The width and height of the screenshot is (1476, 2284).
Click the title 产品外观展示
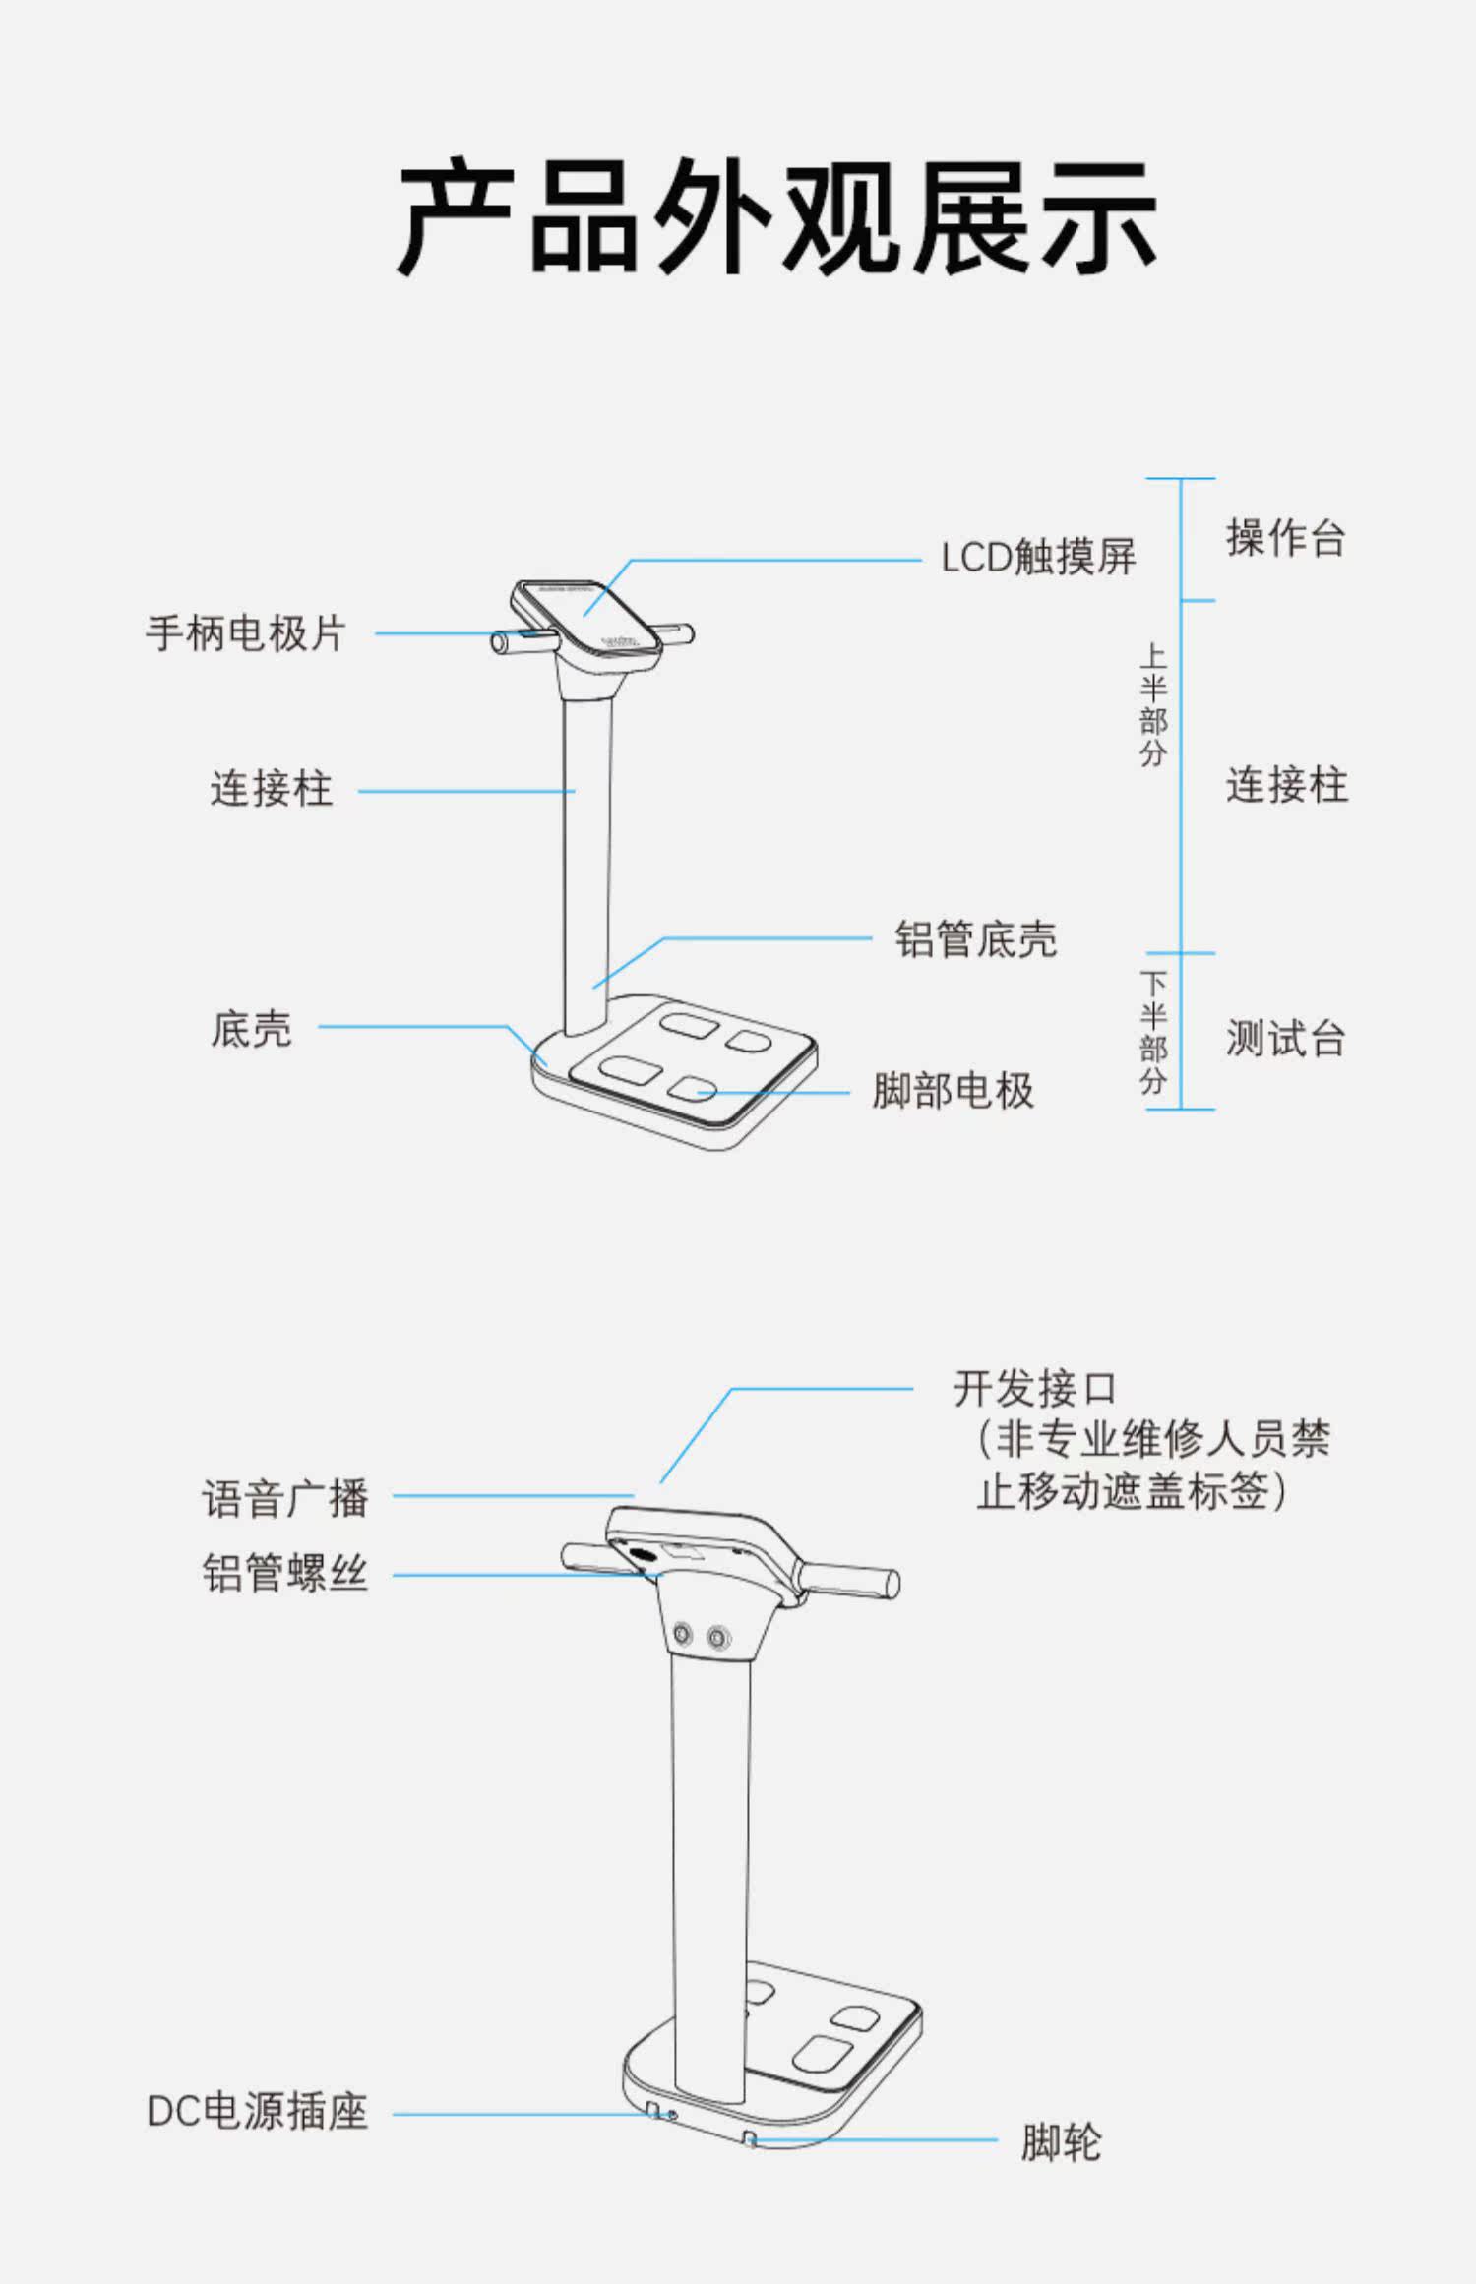(776, 217)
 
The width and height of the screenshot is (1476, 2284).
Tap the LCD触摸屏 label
(1038, 558)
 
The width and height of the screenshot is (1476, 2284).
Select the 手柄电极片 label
(246, 633)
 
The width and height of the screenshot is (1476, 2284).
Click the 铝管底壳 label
(976, 939)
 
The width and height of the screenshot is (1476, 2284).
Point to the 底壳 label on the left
(252, 1029)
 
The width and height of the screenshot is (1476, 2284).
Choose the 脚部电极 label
(953, 1091)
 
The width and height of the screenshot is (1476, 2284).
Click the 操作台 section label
(1286, 538)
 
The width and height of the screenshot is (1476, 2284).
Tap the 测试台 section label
(1286, 1038)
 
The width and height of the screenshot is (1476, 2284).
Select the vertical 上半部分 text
(1153, 705)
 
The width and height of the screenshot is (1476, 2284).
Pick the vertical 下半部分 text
(1153, 1033)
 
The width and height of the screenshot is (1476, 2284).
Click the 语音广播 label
(285, 1499)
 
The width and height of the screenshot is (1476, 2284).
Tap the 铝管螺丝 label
(285, 1573)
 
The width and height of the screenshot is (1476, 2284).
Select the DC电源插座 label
(258, 2112)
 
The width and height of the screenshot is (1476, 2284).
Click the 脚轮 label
(1062, 2142)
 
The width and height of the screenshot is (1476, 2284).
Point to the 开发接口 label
(1035, 1389)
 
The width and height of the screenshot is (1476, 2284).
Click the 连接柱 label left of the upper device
(272, 789)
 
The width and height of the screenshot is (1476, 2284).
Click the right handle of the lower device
(848, 1578)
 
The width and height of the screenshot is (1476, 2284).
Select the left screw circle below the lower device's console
(682, 1634)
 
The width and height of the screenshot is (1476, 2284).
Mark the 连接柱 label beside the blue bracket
(1286, 786)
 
